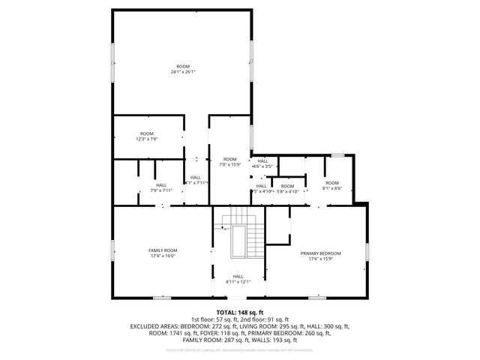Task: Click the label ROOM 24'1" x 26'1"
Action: click(x=182, y=69)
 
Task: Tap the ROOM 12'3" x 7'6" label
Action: click(x=146, y=136)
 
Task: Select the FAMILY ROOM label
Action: click(x=162, y=253)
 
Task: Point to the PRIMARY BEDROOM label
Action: click(x=321, y=256)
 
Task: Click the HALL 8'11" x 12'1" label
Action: click(x=238, y=279)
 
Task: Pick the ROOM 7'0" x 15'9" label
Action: click(x=230, y=162)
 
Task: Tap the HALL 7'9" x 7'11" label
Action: click(x=162, y=187)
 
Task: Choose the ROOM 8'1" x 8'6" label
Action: click(x=331, y=186)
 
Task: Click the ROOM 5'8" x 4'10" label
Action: click(x=288, y=189)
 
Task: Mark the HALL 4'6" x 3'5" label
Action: click(x=262, y=163)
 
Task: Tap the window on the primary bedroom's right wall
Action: click(x=367, y=253)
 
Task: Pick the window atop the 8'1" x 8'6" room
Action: click(x=337, y=155)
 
